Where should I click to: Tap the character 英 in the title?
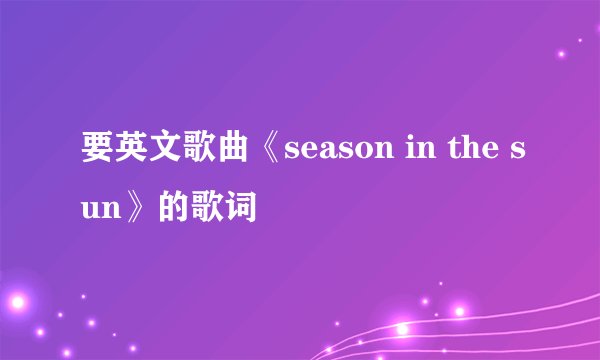pos(129,161)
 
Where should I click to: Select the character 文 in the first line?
pos(164,161)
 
